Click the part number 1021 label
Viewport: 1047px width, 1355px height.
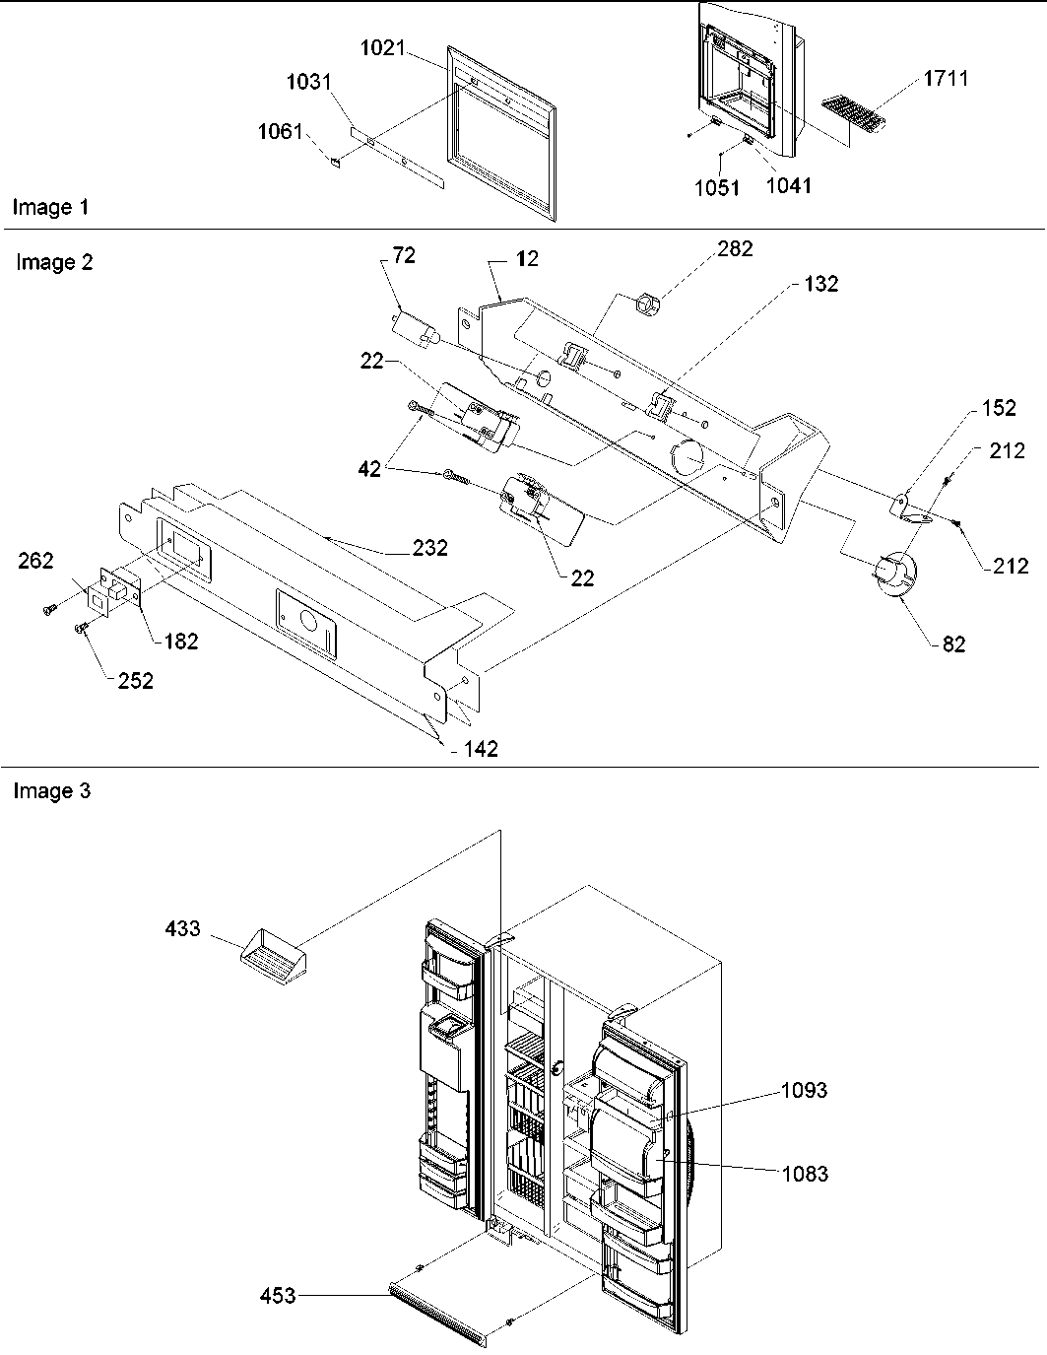382,48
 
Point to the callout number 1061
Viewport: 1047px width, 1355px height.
281,131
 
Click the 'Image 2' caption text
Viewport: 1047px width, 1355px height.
54,262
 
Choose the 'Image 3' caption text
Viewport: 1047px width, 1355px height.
51,791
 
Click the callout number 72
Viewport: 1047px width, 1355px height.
404,256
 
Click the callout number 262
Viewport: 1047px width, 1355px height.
34,563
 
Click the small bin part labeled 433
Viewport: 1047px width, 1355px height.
272,956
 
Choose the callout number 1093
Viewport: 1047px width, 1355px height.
805,1090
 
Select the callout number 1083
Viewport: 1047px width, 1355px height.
805,1174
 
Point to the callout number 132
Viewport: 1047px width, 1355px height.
820,284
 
